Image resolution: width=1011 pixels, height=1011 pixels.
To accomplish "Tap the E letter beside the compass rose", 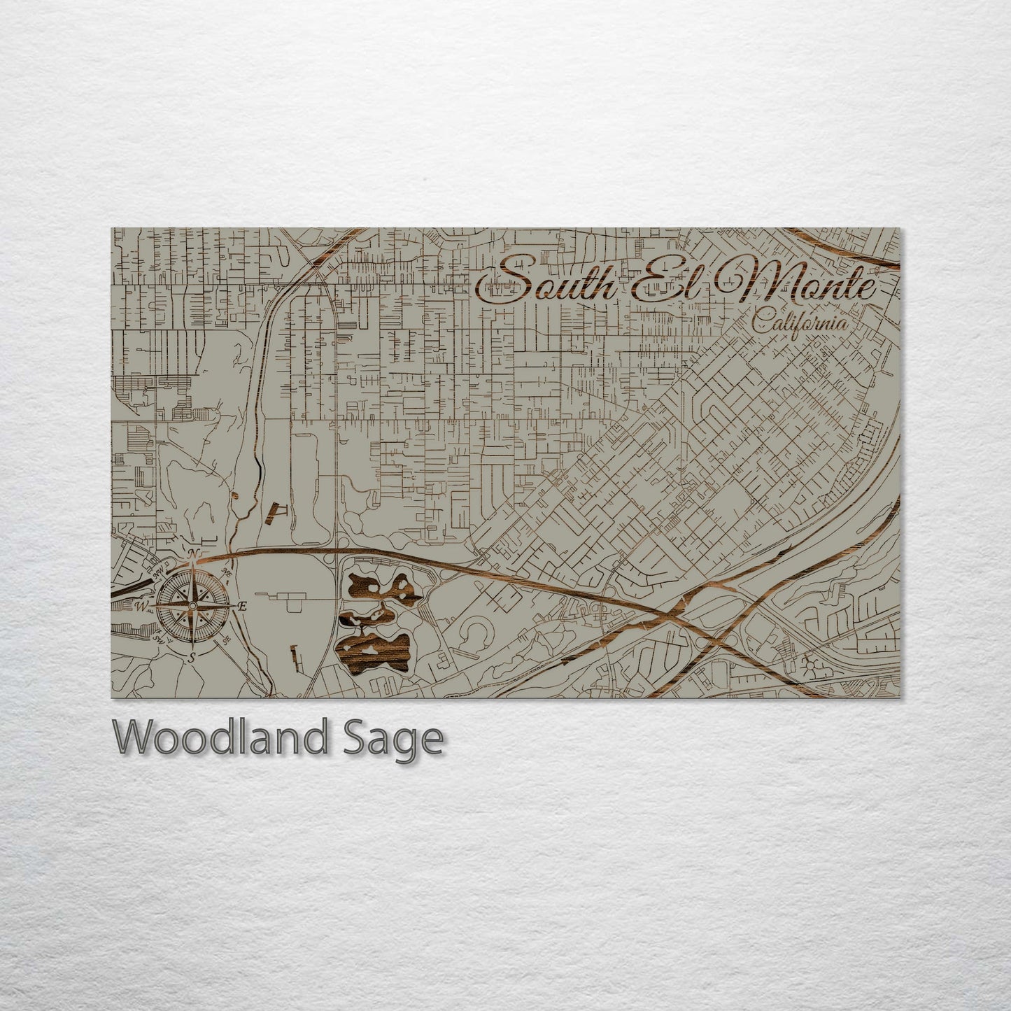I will pyautogui.click(x=242, y=606).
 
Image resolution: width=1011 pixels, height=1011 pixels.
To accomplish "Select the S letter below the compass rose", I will pyautogui.click(x=191, y=656).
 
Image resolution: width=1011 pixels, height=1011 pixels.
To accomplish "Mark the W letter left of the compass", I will pyautogui.click(x=141, y=605).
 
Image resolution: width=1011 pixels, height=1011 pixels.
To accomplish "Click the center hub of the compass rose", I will pyautogui.click(x=192, y=605).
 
